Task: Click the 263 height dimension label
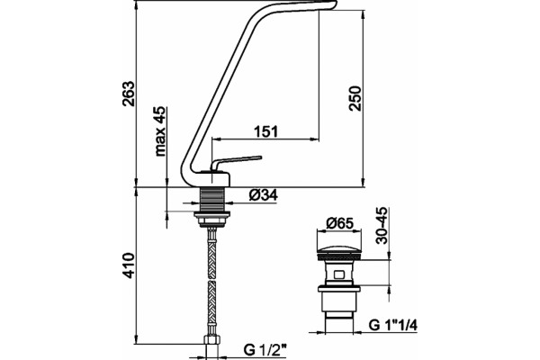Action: click(x=128, y=94)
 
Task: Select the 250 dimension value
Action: click(x=355, y=98)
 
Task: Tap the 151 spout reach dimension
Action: click(x=265, y=131)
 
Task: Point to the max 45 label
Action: click(x=160, y=131)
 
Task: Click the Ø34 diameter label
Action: click(x=264, y=195)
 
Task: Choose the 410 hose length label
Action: click(x=129, y=265)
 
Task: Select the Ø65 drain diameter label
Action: click(x=339, y=223)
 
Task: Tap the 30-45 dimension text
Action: click(x=382, y=226)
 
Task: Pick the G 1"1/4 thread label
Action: click(x=392, y=325)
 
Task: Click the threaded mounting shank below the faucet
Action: click(x=211, y=200)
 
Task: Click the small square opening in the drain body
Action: click(x=339, y=275)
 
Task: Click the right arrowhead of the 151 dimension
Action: click(x=315, y=139)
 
